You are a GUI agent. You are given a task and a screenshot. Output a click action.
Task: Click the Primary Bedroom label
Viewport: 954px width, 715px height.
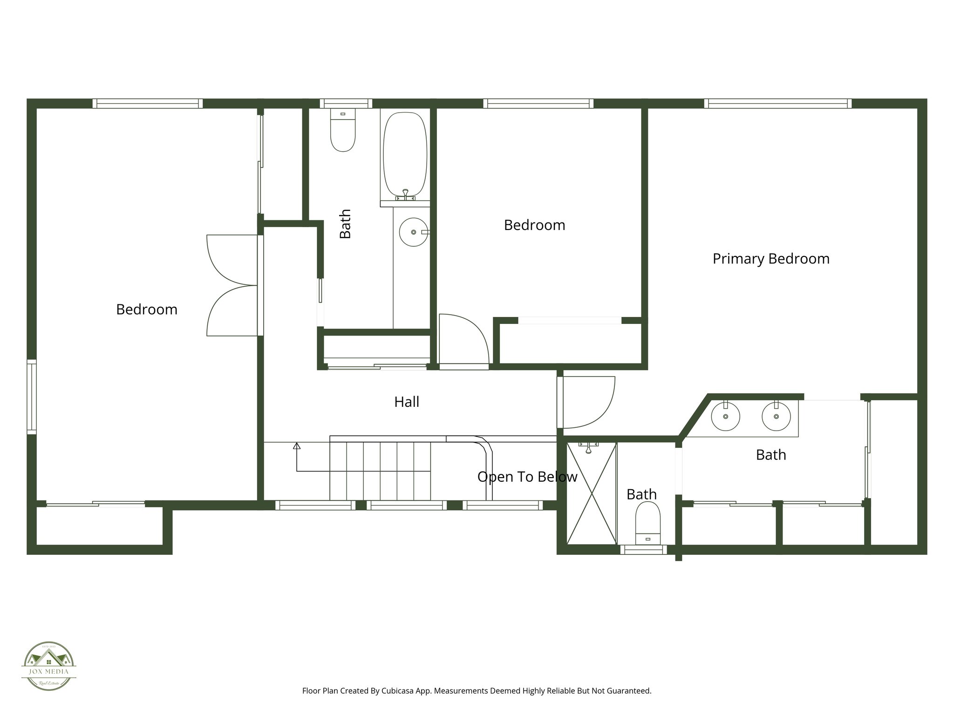coord(771,259)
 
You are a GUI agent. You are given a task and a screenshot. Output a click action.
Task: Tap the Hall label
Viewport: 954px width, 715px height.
coord(407,402)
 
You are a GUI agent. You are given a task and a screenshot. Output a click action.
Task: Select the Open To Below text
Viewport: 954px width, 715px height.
coord(527,477)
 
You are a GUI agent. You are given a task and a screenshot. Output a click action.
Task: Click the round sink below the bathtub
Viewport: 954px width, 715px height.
coord(413,232)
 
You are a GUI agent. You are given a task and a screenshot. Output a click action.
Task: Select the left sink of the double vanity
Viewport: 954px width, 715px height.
coord(725,416)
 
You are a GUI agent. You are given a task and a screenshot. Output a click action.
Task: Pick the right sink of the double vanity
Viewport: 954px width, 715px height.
coord(776,416)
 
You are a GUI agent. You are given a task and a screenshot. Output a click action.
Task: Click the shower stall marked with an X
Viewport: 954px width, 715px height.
coord(591,493)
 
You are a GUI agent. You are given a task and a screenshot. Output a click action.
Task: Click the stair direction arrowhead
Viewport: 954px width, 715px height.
coord(297,446)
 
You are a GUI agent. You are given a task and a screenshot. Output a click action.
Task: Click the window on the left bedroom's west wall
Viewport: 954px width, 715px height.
coord(31,397)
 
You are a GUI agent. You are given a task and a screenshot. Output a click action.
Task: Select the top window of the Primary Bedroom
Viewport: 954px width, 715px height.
coord(777,103)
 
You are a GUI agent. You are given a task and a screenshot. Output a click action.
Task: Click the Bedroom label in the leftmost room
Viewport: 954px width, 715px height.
coord(147,310)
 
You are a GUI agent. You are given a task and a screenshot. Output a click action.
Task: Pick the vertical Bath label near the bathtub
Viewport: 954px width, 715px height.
coord(345,224)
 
